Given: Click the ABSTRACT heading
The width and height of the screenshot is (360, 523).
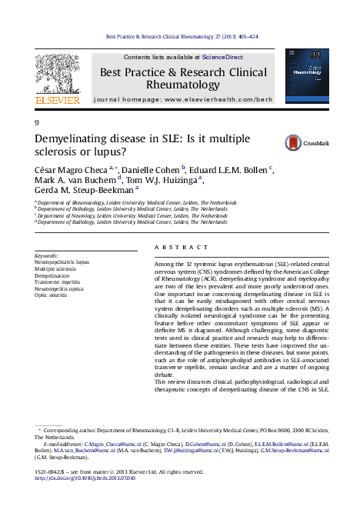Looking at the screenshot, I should pyautogui.click(x=175, y=246).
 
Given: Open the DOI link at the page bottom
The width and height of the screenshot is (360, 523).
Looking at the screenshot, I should pyautogui.click(x=88, y=477).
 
